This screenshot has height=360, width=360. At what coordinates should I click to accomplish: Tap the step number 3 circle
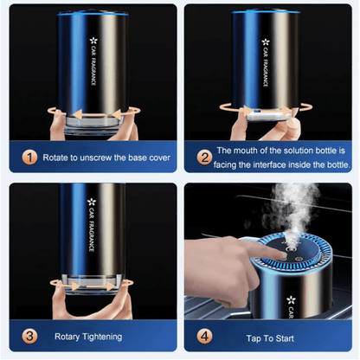31,336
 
